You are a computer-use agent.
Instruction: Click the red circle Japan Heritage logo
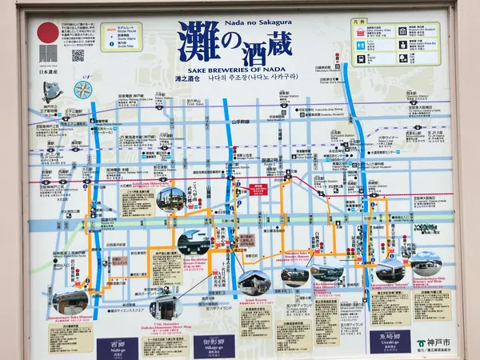point(48,33)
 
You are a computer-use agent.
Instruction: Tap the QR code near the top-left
point(78,55)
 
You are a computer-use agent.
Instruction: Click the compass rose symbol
point(82,89)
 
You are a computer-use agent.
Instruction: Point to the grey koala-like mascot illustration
point(51,90)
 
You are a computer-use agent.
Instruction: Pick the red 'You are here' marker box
point(258,190)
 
